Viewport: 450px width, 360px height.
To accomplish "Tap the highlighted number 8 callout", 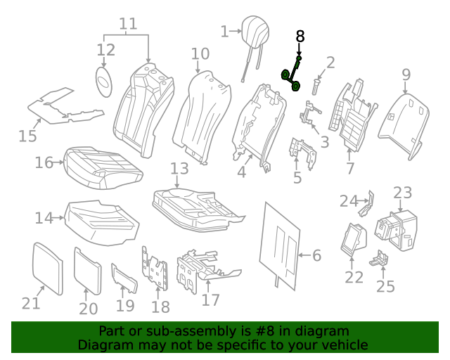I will [300, 37].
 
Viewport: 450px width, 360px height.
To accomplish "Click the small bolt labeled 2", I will [316, 88].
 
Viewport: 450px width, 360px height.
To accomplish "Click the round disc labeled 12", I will [105, 80].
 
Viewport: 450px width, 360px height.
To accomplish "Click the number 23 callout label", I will [402, 193].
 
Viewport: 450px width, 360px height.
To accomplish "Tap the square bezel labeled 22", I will [353, 237].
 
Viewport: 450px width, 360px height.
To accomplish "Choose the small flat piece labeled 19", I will [124, 278].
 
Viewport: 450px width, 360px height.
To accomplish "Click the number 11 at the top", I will [127, 25].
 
